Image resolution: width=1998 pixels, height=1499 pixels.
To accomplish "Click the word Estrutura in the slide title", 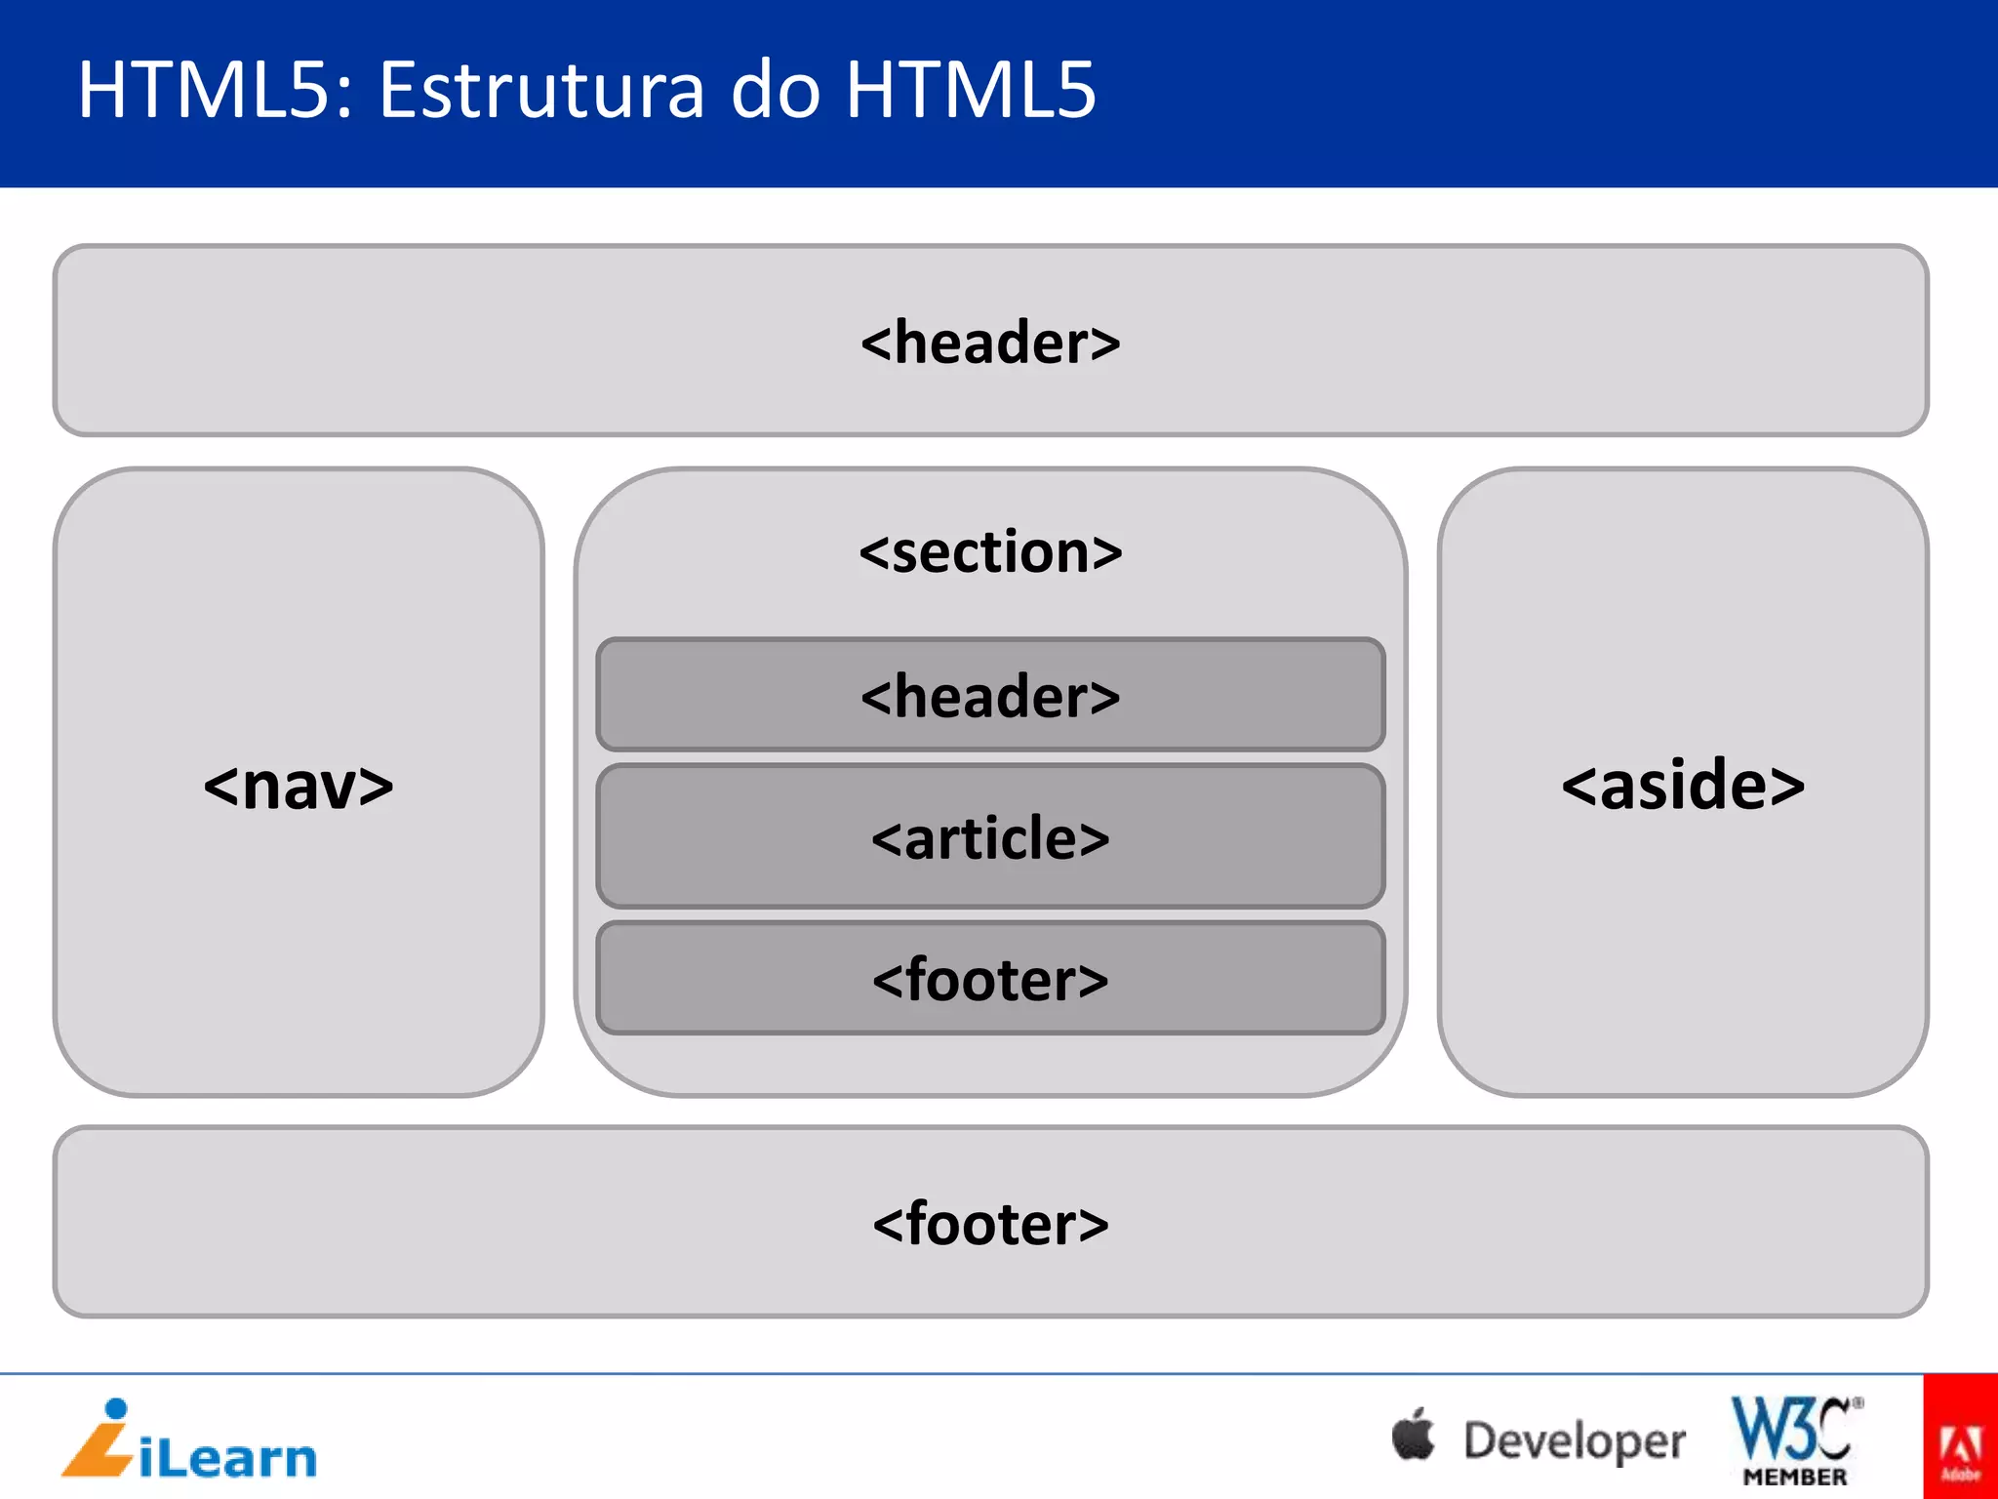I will pos(540,90).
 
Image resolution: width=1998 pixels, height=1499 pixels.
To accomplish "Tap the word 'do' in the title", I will pos(776,90).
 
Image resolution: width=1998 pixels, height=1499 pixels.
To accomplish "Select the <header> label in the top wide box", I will pos(990,343).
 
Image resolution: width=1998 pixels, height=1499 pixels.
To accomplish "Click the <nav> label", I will pos(299,786).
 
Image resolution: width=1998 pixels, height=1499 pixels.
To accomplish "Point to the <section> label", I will pos(990,552).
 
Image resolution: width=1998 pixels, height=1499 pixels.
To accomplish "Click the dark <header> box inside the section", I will pos(990,696).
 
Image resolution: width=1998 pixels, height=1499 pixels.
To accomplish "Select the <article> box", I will pos(990,837).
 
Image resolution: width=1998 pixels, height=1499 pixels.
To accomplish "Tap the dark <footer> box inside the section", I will pos(990,979).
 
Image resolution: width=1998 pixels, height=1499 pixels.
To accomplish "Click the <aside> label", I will pos(1683,786).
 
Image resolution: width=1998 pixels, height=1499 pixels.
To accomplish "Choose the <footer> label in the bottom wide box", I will pos(990,1224).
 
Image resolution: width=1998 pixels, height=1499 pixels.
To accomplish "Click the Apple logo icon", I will pos(1414,1436).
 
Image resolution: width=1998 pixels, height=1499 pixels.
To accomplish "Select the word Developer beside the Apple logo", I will pos(1575,1441).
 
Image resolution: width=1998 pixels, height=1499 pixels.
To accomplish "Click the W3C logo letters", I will pos(1793,1427).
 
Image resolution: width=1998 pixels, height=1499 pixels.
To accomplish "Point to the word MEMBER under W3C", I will pos(1795,1478).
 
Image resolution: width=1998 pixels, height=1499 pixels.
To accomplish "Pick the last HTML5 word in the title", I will pos(972,90).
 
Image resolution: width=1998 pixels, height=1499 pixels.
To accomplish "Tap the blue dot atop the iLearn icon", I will pos(116,1409).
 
